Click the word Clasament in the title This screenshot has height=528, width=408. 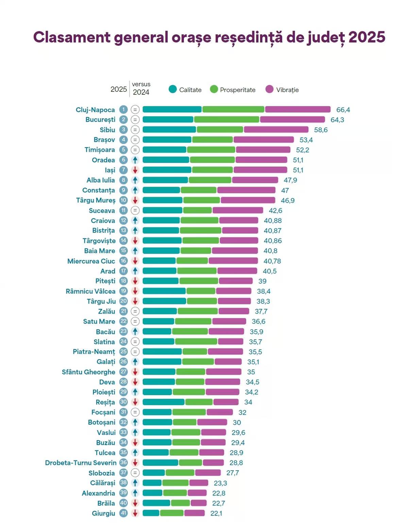(x=72, y=37)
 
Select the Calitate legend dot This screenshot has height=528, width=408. (x=173, y=89)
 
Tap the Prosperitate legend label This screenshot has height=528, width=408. (x=237, y=90)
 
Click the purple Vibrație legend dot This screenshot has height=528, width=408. (x=269, y=89)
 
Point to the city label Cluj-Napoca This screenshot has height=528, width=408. (x=95, y=110)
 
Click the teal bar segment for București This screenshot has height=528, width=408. (x=168, y=120)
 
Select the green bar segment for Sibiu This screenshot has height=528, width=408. (x=220, y=129)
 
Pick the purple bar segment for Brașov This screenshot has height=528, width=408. (x=263, y=140)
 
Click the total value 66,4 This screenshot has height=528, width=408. (x=343, y=110)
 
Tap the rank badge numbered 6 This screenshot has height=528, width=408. (x=123, y=160)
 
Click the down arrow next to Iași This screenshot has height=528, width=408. (x=135, y=170)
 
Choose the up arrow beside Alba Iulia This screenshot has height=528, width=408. (x=135, y=180)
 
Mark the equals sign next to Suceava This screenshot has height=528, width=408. (x=135, y=210)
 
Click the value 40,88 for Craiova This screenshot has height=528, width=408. (x=273, y=221)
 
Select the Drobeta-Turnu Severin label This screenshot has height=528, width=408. (x=81, y=463)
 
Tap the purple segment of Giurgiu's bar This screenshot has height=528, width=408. (x=194, y=513)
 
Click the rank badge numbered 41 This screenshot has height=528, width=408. (x=123, y=513)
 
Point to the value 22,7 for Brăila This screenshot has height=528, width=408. (x=218, y=503)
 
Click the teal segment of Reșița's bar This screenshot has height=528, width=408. (x=163, y=402)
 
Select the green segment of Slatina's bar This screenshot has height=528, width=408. (x=196, y=341)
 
